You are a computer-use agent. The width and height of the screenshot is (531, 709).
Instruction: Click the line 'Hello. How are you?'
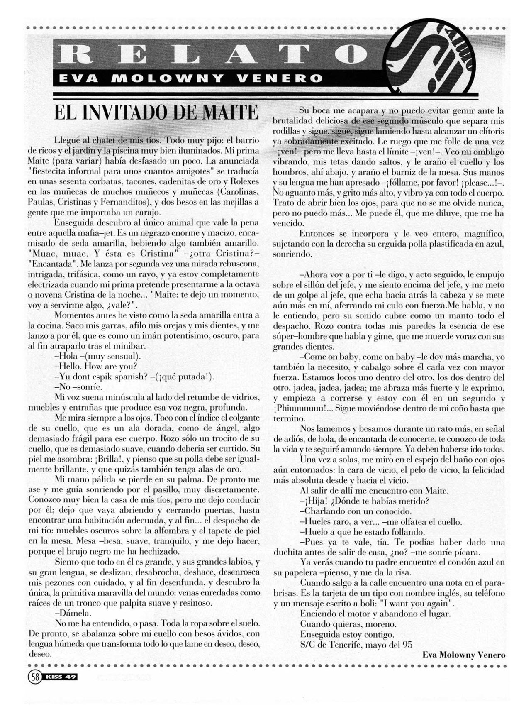(x=96, y=367)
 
